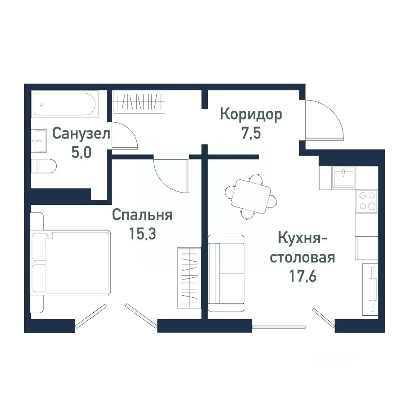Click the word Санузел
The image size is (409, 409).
[81, 133]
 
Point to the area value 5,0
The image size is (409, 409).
[81, 153]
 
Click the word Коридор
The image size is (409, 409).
[251, 115]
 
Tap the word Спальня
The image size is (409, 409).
[142, 215]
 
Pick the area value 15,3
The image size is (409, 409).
[142, 234]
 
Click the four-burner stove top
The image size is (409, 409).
[367, 201]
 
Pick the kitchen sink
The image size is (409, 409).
[344, 176]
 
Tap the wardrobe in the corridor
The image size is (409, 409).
[138, 102]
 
